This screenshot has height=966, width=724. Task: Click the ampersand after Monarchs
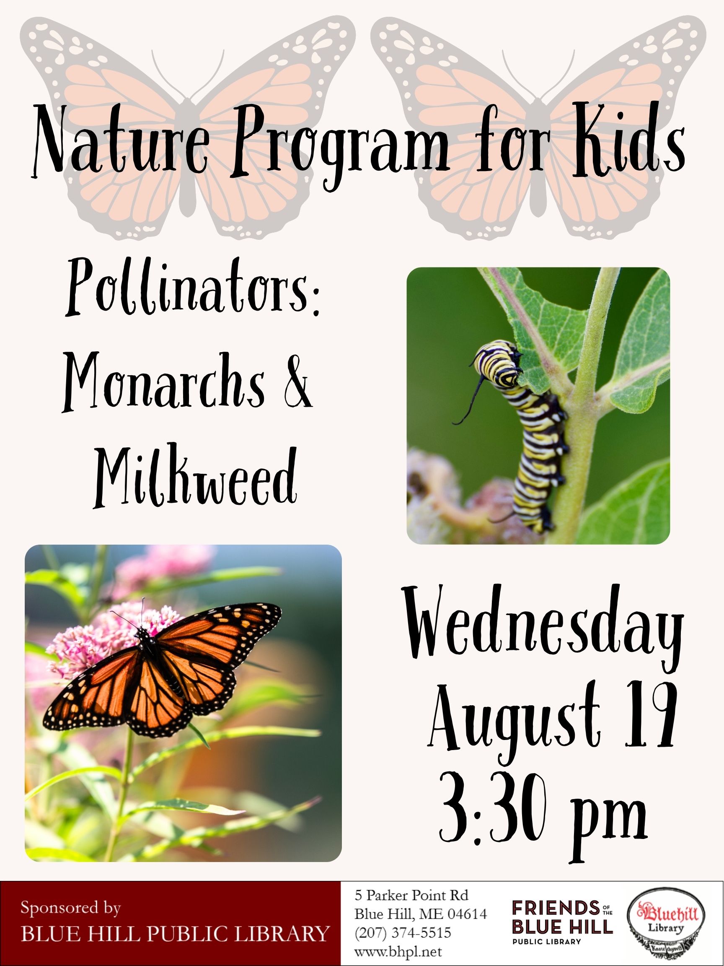[297, 387]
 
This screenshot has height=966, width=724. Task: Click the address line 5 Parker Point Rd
[411, 895]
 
